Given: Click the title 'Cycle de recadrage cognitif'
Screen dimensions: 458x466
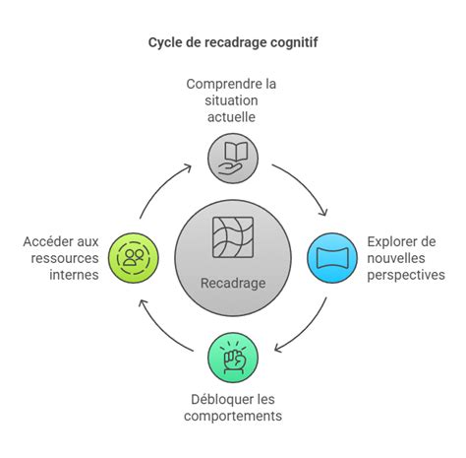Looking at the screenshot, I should click(x=232, y=42).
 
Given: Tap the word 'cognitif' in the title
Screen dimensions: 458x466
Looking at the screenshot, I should click(x=291, y=42).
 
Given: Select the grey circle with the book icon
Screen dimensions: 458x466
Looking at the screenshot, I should click(x=233, y=157).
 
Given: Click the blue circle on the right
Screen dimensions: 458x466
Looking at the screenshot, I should click(x=331, y=258).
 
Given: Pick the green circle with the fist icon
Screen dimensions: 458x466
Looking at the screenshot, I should click(x=233, y=359).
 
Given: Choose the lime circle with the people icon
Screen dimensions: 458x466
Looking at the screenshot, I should click(x=132, y=258).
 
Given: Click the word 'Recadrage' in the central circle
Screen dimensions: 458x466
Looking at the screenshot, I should click(x=233, y=283).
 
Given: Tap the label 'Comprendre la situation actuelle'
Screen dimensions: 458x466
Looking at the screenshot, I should click(x=232, y=101).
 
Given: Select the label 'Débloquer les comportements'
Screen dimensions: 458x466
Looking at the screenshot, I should click(x=232, y=407).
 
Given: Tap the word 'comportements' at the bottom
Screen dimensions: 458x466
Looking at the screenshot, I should click(x=232, y=416).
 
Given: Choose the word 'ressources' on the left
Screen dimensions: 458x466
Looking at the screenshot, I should click(x=62, y=258).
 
